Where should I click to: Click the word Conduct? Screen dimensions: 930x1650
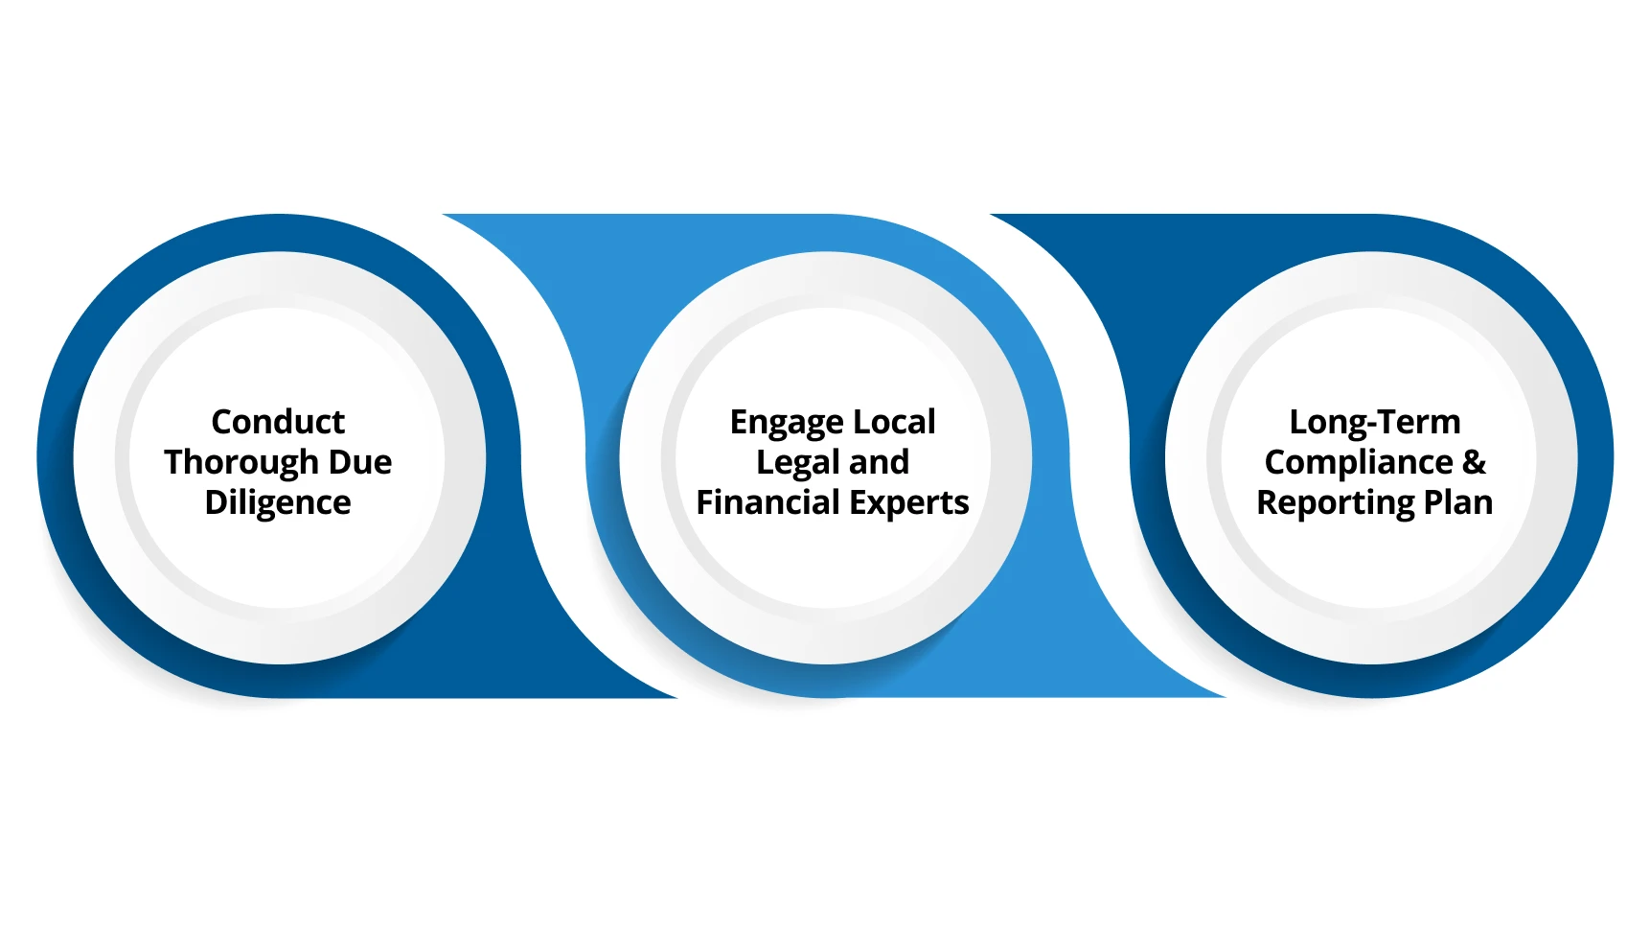278,422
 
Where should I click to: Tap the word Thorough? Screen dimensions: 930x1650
241,462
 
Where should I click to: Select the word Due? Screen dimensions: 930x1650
360,462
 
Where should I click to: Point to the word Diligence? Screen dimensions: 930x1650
278,502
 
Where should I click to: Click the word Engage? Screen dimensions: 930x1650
786,423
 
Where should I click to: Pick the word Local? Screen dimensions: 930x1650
894,422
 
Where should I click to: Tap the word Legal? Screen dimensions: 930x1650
797,463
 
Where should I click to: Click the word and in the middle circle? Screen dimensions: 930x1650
879,462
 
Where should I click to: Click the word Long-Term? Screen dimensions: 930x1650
1375,423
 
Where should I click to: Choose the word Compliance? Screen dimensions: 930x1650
1359,462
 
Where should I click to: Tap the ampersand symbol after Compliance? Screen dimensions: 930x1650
1474,462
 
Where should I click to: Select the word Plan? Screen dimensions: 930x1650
1458,502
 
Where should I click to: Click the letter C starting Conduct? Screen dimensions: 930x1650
222,422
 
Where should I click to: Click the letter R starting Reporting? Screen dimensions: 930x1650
1268,502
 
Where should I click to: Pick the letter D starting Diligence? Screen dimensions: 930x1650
217,502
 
